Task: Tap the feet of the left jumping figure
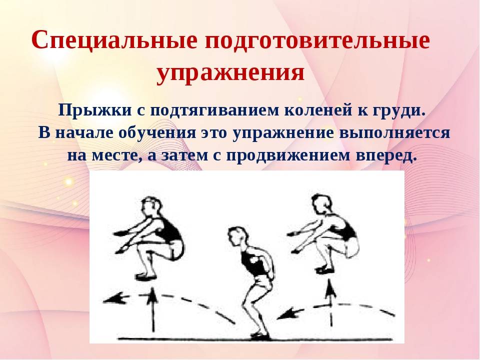[145, 274]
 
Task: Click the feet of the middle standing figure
[257, 334]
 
